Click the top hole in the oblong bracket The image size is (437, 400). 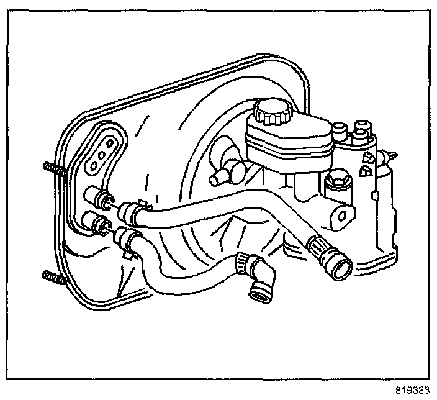pyautogui.click(x=110, y=143)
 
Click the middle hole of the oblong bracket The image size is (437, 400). pyautogui.click(x=102, y=154)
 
